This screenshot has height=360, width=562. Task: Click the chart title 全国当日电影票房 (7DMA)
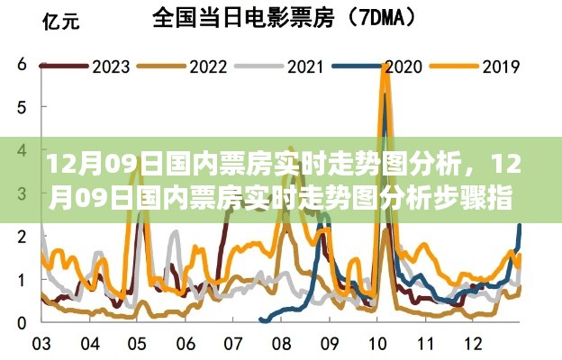coord(277,17)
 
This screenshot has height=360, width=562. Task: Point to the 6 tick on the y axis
coord(20,66)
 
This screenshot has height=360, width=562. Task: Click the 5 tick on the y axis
coord(20,108)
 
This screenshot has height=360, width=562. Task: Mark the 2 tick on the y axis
coord(20,236)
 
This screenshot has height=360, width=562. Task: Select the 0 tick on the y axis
coord(20,321)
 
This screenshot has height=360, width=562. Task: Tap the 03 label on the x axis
coord(41,345)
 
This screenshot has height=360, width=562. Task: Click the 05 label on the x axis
coord(137,345)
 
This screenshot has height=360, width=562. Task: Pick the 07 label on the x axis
coord(234,345)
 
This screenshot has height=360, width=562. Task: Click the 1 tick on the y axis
coord(20,279)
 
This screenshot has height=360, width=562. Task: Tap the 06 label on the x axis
coord(186,345)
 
